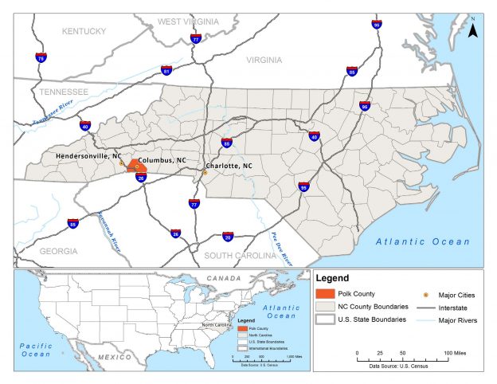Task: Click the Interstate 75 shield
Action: click(x=41, y=57)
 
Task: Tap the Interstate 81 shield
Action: click(x=166, y=70)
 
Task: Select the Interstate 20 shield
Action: click(x=228, y=237)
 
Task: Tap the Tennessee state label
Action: click(x=65, y=92)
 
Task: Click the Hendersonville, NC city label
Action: click(x=89, y=155)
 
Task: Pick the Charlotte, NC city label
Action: click(x=228, y=166)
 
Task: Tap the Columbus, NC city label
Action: click(x=167, y=161)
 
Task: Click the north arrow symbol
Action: click(x=472, y=29)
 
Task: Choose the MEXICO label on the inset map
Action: click(x=115, y=357)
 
